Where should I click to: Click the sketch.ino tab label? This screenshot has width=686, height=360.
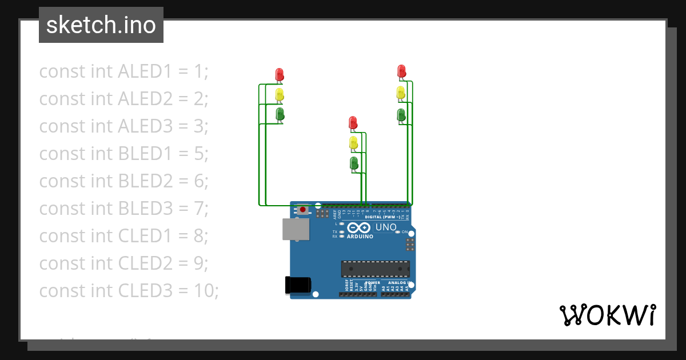[101, 25]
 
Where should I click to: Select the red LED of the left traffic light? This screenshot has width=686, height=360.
[280, 74]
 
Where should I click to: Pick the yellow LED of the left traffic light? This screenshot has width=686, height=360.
[280, 94]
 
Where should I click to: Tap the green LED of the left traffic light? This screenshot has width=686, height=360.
[280, 113]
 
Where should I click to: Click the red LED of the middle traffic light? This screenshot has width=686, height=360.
[353, 122]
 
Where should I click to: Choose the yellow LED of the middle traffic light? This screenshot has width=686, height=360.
[353, 143]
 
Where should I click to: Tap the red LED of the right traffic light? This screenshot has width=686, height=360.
[401, 71]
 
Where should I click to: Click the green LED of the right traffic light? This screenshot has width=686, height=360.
[401, 114]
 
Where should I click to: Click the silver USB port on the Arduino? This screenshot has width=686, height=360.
[296, 229]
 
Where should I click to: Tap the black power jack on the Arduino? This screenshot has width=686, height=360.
[298, 285]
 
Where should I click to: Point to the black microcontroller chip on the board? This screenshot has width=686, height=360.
[376, 269]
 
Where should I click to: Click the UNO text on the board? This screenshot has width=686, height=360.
[386, 227]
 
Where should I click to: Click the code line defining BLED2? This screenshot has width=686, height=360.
[123, 181]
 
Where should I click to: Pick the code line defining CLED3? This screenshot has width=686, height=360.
[129, 291]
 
